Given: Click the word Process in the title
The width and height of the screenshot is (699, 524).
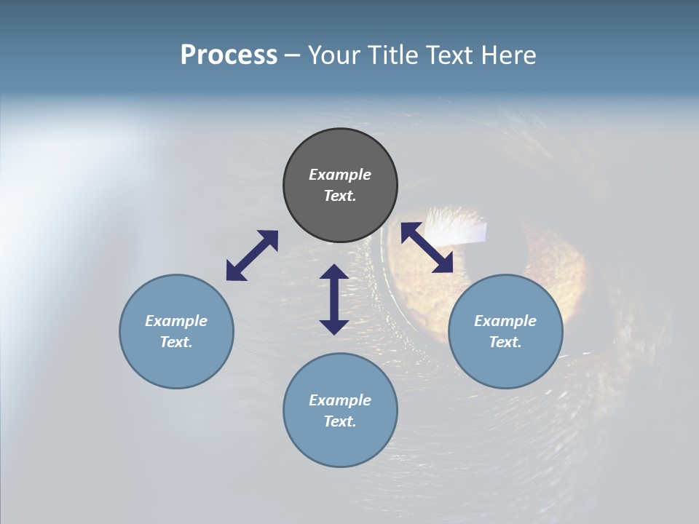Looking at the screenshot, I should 229,55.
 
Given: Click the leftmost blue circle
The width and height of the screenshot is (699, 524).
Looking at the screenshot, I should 176,364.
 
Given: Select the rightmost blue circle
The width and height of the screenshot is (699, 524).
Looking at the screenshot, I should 505,364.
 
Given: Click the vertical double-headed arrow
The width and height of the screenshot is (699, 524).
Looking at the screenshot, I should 334,299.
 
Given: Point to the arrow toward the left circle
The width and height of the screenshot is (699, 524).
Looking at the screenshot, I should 252,255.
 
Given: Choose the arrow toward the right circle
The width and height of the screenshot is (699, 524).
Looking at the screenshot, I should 427,247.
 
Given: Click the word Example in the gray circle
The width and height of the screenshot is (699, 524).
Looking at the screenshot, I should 340,175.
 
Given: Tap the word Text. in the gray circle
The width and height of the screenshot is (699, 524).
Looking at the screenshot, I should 340,196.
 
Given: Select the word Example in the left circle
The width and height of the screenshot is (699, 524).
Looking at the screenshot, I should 176,321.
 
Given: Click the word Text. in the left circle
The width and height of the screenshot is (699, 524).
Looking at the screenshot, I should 176,342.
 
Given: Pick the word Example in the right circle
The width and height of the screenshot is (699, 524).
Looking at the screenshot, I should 505,321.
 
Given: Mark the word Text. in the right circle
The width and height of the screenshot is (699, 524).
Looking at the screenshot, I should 505,342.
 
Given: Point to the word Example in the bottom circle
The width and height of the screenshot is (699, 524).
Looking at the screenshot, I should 340,400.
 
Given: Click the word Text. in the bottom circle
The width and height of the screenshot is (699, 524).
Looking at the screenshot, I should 340,421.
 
